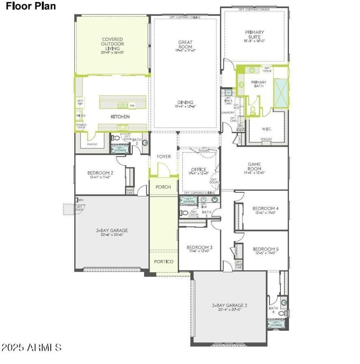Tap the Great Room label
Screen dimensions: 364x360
[x=185, y=45]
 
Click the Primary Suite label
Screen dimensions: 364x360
[x=254, y=35]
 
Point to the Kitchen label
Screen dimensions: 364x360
[x=120, y=117]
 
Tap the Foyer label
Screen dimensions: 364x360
[x=164, y=157]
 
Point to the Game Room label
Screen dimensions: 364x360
[x=254, y=167]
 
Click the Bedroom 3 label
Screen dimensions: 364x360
[x=198, y=248]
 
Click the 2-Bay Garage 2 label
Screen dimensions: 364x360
[x=229, y=306]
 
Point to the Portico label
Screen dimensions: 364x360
[x=163, y=261]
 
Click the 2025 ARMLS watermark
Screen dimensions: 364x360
[x=31, y=347]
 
